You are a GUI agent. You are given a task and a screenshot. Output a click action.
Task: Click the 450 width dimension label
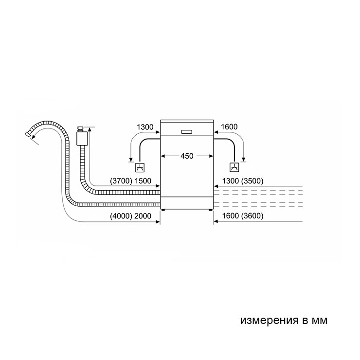(187, 156)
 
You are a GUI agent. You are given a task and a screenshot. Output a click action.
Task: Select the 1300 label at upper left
(145, 127)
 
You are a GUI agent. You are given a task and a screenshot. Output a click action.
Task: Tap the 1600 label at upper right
(229, 127)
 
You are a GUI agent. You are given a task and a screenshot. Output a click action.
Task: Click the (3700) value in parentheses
(121, 181)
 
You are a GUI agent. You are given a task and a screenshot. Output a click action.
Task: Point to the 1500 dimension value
(143, 181)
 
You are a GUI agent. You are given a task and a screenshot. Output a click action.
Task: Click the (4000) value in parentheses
(121, 216)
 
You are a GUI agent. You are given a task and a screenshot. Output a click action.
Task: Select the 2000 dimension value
(143, 216)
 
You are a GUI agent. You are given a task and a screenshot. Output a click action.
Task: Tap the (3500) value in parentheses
(252, 181)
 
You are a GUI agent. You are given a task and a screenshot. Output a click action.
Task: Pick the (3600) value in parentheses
(252, 216)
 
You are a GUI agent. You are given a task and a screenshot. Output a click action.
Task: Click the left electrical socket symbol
(140, 167)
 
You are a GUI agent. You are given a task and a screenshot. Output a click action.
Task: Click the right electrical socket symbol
(234, 167)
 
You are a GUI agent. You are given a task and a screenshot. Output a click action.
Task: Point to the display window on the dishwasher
(187, 132)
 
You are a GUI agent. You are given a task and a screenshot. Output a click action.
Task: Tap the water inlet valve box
(82, 138)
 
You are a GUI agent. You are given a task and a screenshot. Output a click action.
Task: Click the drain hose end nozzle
(28, 134)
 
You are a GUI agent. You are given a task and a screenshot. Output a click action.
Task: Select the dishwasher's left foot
(163, 210)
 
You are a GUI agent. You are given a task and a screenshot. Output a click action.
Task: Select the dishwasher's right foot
(211, 210)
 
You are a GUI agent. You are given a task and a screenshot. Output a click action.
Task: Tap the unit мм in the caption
(319, 321)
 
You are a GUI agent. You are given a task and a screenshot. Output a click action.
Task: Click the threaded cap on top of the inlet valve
(81, 129)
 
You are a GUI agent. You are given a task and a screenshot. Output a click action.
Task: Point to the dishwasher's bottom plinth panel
(187, 203)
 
